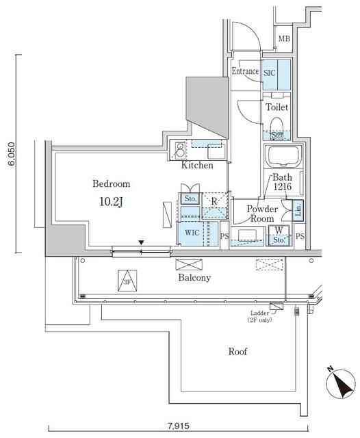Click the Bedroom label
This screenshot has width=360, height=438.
(x=111, y=184)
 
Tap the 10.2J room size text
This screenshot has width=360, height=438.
(x=111, y=202)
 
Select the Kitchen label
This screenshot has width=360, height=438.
(x=197, y=165)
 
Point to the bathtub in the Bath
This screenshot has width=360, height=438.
(x=283, y=156)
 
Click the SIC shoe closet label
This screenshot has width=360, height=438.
(x=270, y=73)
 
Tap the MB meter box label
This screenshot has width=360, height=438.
(x=284, y=39)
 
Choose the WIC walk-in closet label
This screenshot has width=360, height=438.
(x=192, y=233)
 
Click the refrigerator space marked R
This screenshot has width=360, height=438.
(x=214, y=205)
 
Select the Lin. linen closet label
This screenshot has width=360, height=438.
(x=298, y=209)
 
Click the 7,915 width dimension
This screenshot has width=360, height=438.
(x=179, y=426)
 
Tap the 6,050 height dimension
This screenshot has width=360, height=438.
(x=12, y=154)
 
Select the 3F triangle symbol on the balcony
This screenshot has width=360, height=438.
(x=127, y=281)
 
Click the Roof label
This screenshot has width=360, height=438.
(x=237, y=351)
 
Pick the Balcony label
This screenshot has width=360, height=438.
(x=194, y=277)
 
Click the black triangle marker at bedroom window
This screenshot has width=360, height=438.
(x=142, y=242)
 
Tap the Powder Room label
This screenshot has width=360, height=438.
(x=262, y=214)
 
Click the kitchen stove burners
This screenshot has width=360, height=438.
(x=179, y=150)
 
